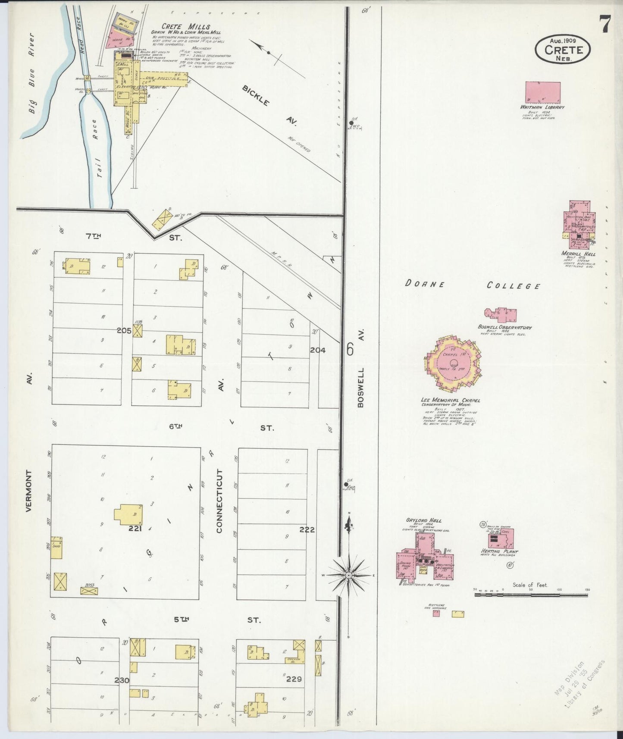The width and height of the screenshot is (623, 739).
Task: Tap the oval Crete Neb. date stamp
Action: [563, 50]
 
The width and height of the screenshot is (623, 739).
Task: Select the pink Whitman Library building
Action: [543, 92]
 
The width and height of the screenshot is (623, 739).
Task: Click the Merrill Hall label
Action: [578, 254]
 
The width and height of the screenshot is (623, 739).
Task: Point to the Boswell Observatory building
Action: [501, 315]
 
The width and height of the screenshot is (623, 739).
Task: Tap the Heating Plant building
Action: [501, 539]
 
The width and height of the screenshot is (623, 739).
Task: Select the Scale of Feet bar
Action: [531, 595]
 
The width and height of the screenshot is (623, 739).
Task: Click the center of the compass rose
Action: [349, 575]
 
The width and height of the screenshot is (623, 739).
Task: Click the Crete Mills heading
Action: [186, 26]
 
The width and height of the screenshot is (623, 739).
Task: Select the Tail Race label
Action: [99, 149]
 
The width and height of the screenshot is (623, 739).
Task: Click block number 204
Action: [318, 350]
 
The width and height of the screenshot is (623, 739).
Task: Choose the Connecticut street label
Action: [219, 501]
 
